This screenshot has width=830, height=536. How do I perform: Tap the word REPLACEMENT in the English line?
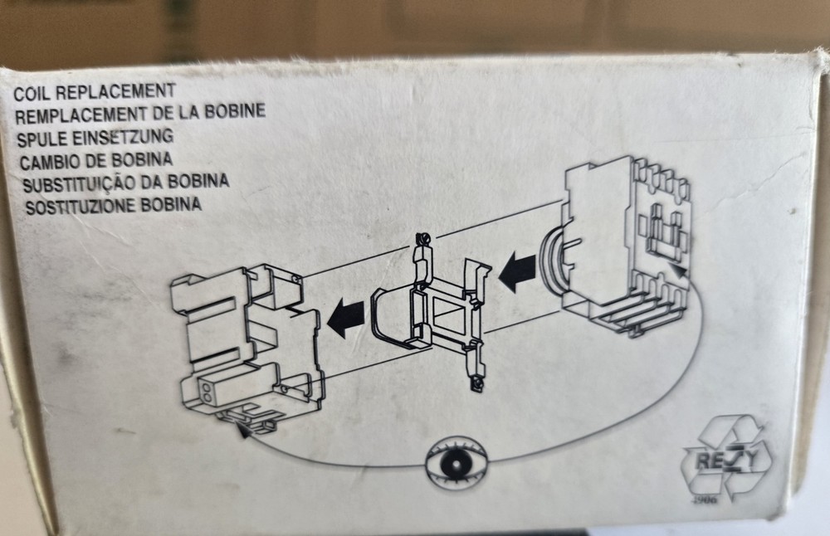click(x=115, y=91)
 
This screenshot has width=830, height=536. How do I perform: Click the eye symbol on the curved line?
click(x=456, y=463)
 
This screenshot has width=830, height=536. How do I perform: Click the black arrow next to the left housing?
click(x=345, y=318)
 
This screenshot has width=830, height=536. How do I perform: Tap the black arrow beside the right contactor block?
click(x=517, y=272)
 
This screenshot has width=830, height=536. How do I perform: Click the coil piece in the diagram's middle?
click(x=429, y=314)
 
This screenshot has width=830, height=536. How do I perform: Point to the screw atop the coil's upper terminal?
click(x=422, y=239)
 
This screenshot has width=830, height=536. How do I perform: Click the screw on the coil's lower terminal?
click(x=478, y=383)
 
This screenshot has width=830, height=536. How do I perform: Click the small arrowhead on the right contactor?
click(x=679, y=271)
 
